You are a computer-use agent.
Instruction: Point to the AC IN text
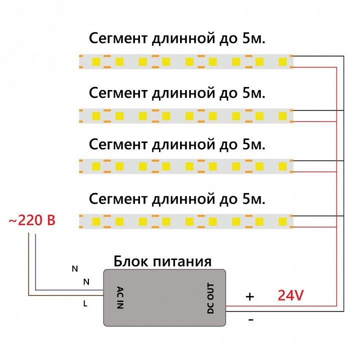click(x=119, y=298)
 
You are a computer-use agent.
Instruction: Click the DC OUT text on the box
click(x=210, y=298)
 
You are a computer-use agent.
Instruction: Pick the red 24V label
click(x=290, y=296)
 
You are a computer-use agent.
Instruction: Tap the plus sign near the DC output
click(x=249, y=296)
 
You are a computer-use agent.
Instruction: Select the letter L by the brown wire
click(x=85, y=303)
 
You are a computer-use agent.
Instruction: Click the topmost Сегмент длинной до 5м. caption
click(x=176, y=38)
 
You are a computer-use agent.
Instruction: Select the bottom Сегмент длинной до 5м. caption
click(x=176, y=199)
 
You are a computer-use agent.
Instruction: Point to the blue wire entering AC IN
click(x=70, y=289)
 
